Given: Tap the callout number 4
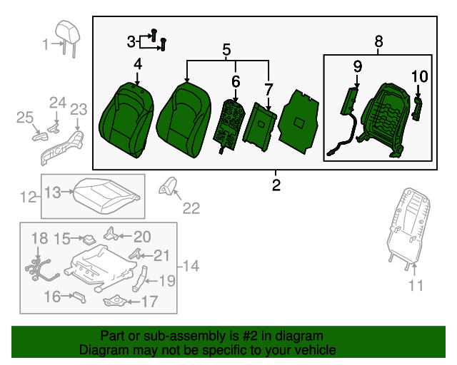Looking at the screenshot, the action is (x=138, y=64).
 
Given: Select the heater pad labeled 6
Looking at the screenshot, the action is (x=228, y=125).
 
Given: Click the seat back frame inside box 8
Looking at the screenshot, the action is (x=383, y=119).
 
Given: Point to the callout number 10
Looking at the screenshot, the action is (x=419, y=76).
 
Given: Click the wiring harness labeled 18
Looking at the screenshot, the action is (x=41, y=269).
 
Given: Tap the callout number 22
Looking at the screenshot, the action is (x=191, y=208).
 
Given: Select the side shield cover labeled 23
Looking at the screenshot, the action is (x=62, y=148).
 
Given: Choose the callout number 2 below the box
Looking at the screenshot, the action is (x=276, y=185).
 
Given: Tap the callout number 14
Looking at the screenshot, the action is (x=191, y=266).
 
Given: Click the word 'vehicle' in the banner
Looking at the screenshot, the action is (x=316, y=350).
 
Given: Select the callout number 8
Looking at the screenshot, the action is (x=378, y=41).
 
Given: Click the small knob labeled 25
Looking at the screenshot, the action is (x=40, y=137).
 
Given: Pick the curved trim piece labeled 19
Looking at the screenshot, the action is (x=139, y=279).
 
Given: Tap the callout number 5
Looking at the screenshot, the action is (x=226, y=49).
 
